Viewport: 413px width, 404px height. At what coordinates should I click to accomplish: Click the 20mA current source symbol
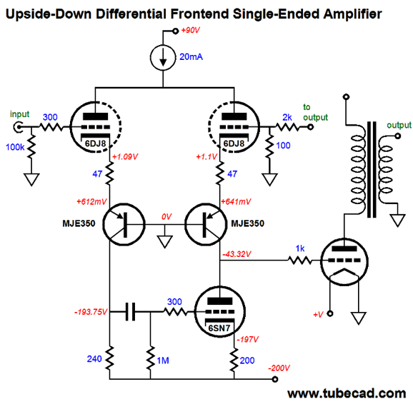pyautogui.click(x=163, y=58)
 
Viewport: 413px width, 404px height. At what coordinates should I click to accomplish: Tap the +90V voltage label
pyautogui.click(x=191, y=30)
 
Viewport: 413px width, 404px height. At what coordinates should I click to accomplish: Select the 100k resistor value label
pyautogui.click(x=15, y=147)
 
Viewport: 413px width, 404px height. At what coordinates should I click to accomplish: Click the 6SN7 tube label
pyautogui.click(x=219, y=328)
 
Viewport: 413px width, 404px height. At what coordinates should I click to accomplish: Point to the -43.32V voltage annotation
pyautogui.click(x=237, y=254)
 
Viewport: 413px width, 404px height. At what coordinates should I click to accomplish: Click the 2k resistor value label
pyautogui.click(x=287, y=117)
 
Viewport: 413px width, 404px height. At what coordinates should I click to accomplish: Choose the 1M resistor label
pyautogui.click(x=163, y=360)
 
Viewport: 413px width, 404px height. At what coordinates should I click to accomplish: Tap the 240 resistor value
pyautogui.click(x=94, y=359)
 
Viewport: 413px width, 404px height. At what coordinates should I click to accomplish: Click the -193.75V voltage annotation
pyautogui.click(x=91, y=312)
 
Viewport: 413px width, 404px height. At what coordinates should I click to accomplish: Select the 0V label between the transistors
pyautogui.click(x=166, y=216)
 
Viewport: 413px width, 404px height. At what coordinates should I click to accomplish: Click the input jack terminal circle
pyautogui.click(x=18, y=127)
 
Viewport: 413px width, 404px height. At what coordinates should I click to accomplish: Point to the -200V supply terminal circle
pyautogui.click(x=274, y=379)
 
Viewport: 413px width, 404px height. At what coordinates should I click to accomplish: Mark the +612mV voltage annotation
pyautogui.click(x=91, y=201)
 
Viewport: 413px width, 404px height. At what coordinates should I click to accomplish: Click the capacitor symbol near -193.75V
pyautogui.click(x=130, y=312)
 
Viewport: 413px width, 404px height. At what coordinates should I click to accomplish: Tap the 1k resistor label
pyautogui.click(x=300, y=248)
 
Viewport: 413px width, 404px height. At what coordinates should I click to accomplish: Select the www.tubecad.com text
pyautogui.click(x=347, y=393)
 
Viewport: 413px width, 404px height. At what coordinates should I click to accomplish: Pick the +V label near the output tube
pyautogui.click(x=318, y=315)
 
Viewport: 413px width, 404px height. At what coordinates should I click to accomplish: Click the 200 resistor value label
pyautogui.click(x=247, y=360)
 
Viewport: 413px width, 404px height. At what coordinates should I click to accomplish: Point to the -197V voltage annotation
pyautogui.click(x=248, y=339)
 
